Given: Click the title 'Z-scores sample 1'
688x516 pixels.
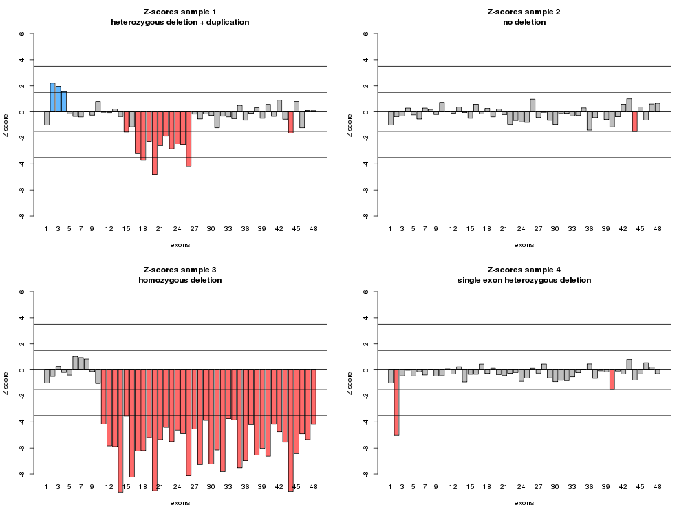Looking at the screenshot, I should tap(180, 12).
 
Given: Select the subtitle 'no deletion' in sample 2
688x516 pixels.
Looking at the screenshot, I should tap(524, 22).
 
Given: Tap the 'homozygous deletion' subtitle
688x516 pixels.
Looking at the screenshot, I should tap(180, 280).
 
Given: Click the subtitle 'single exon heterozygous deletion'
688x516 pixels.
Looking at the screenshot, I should tap(524, 280).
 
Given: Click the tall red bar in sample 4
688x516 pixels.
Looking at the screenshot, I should tap(397, 402).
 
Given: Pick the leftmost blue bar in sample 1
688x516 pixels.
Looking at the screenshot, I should tap(52, 98).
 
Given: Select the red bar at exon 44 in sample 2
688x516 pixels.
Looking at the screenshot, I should tap(634, 122).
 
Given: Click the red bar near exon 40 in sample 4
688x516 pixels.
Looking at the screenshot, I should tap(612, 380).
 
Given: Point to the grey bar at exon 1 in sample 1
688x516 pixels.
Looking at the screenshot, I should tap(47, 118).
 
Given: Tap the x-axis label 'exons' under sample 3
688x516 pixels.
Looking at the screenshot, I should tap(180, 502).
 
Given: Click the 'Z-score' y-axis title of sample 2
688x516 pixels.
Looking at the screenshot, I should tap(350, 125).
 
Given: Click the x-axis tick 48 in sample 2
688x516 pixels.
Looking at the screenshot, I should tap(657, 228).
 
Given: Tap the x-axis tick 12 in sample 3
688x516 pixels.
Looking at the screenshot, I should tap(109, 486).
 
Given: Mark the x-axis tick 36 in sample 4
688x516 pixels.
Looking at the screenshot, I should tap(589, 486).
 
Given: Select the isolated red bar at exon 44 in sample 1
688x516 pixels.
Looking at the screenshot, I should tap(291, 122).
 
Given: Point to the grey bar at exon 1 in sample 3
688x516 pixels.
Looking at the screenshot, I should tap(47, 376).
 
